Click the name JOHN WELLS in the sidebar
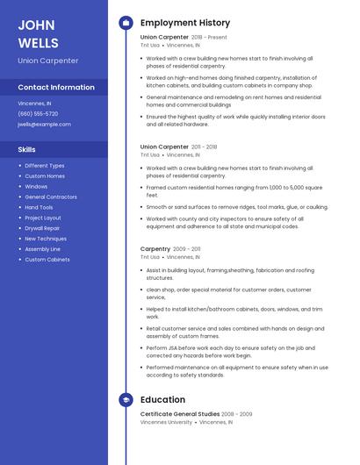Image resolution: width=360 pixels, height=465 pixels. tap(38, 32)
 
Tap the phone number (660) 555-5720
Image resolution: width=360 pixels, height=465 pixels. tap(38, 113)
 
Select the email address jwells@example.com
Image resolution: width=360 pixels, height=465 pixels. tap(44, 124)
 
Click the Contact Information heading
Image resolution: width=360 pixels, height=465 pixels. tap(56, 87)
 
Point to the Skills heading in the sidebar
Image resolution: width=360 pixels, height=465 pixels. tap(26, 149)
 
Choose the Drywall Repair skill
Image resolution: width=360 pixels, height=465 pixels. tap(43, 228)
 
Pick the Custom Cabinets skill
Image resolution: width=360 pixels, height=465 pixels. tap(47, 260)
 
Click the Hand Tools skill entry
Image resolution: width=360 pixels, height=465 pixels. tap(40, 207)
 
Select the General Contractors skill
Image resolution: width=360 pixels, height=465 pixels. tap(51, 197)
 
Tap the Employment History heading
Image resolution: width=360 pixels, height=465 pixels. tap(185, 23)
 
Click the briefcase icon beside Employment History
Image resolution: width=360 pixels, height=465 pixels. tap(126, 23)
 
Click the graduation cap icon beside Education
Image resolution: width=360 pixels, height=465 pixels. tap(126, 400)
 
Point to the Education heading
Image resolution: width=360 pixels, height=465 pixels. tap(162, 400)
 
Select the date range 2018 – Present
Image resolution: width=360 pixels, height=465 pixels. tap(209, 38)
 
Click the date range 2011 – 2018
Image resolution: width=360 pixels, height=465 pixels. tap(204, 147)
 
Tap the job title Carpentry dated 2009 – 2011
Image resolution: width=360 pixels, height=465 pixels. tap(155, 249)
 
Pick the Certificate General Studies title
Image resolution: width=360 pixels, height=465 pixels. tap(179, 413)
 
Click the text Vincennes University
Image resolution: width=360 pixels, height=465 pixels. tap(166, 422)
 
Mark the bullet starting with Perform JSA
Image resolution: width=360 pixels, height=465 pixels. tap(231, 351)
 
